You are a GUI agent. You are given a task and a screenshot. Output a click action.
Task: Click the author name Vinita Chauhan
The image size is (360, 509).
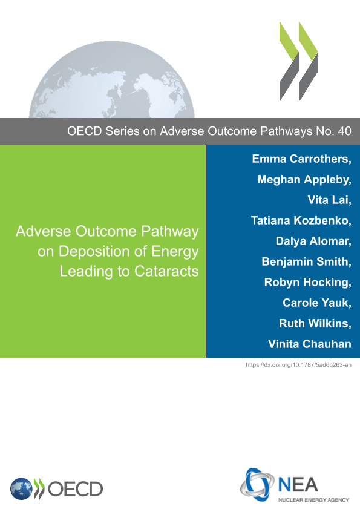point(310,344)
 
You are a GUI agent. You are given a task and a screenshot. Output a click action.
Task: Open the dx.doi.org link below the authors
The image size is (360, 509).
point(298,365)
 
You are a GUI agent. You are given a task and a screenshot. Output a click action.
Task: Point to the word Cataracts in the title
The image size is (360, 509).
point(166,271)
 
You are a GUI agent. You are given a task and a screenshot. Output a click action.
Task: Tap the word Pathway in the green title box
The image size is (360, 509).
point(170,232)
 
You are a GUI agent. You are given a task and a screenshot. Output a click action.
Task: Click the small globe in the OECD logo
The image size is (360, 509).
point(21,489)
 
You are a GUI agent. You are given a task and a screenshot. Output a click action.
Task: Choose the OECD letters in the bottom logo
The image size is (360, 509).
point(76,489)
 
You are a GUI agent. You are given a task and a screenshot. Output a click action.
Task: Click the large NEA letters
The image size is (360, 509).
point(298,485)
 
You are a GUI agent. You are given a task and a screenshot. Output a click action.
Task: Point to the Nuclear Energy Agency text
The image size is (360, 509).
point(313,500)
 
